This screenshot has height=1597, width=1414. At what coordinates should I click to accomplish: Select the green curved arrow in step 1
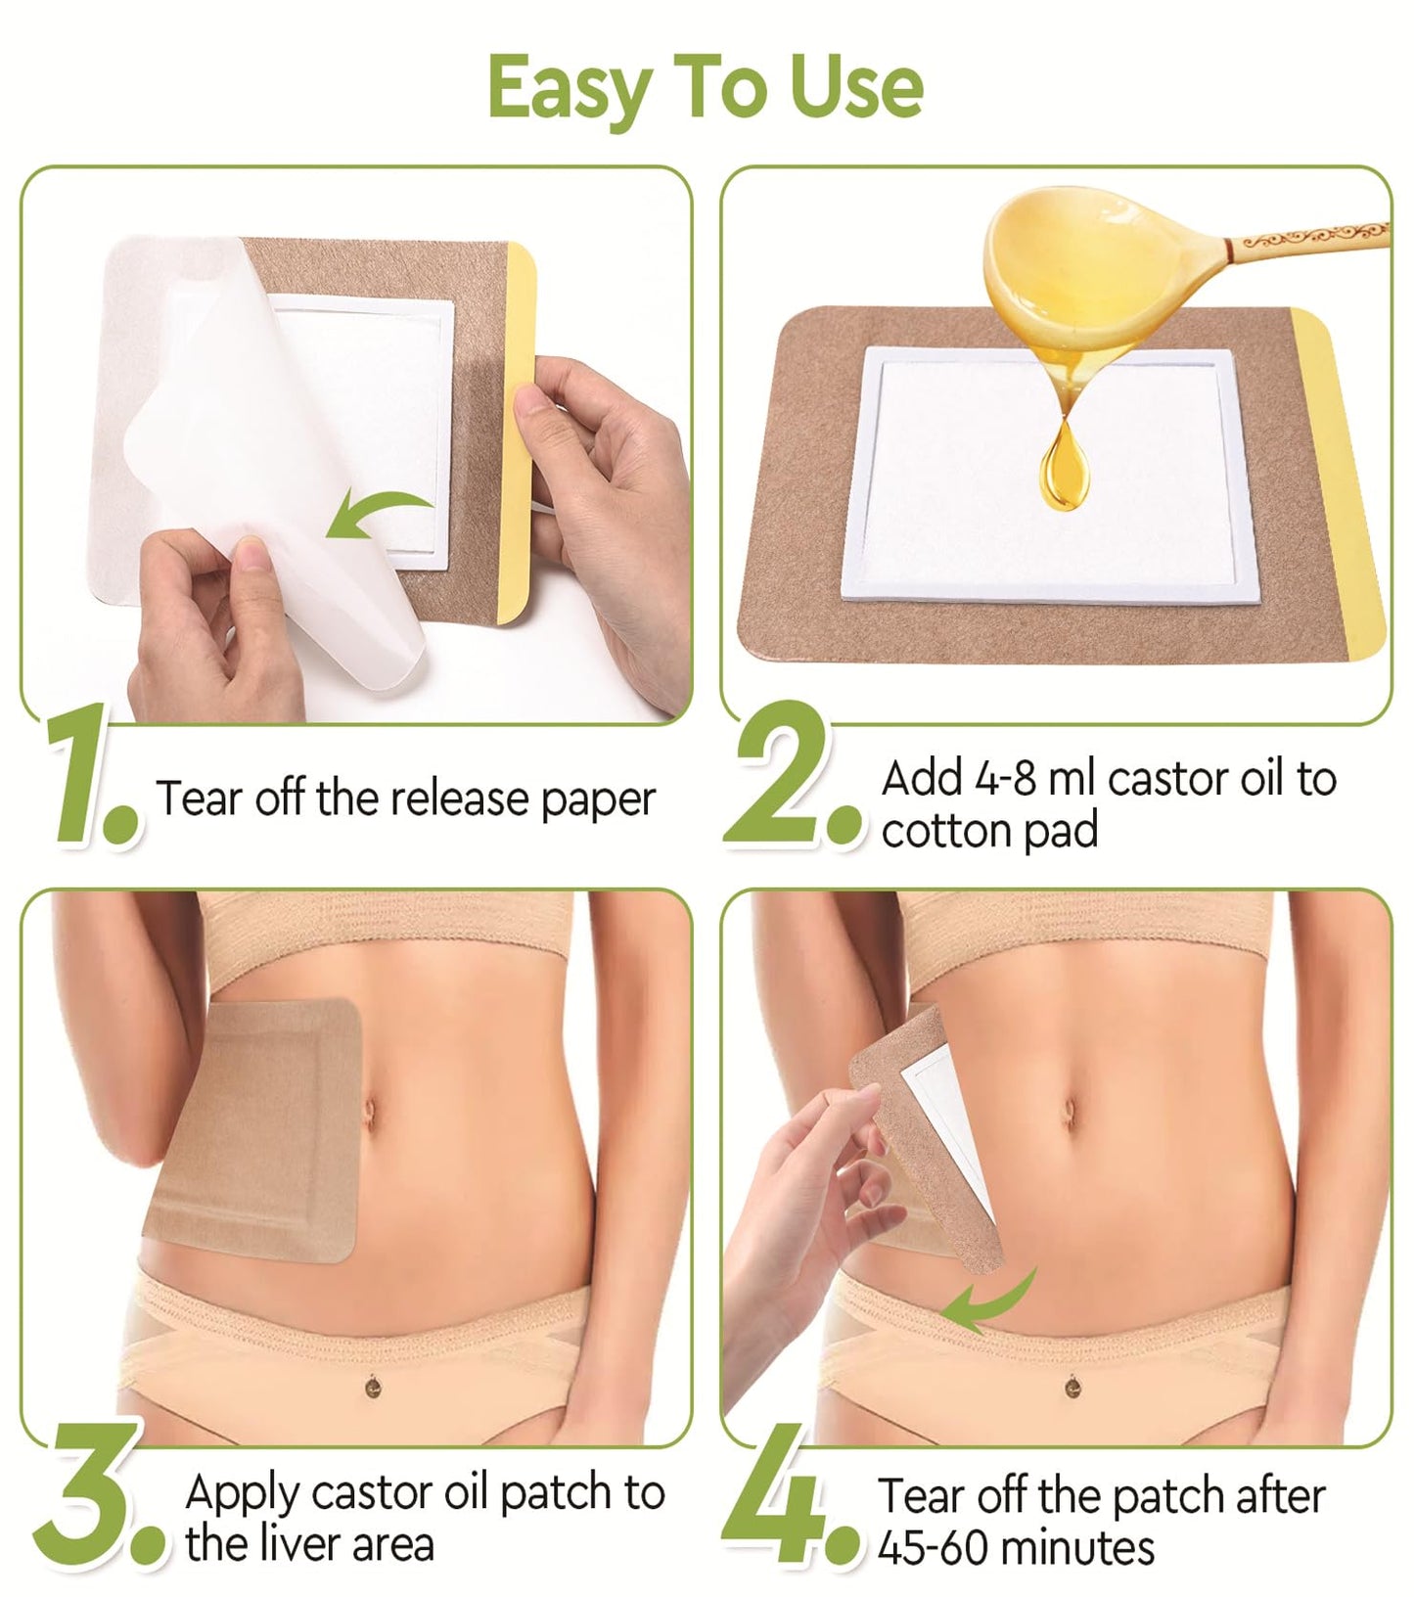(x=377, y=514)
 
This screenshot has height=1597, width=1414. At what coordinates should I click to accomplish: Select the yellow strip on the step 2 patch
(x=1341, y=479)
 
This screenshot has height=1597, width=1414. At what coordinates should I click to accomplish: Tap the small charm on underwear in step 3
(x=373, y=1386)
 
